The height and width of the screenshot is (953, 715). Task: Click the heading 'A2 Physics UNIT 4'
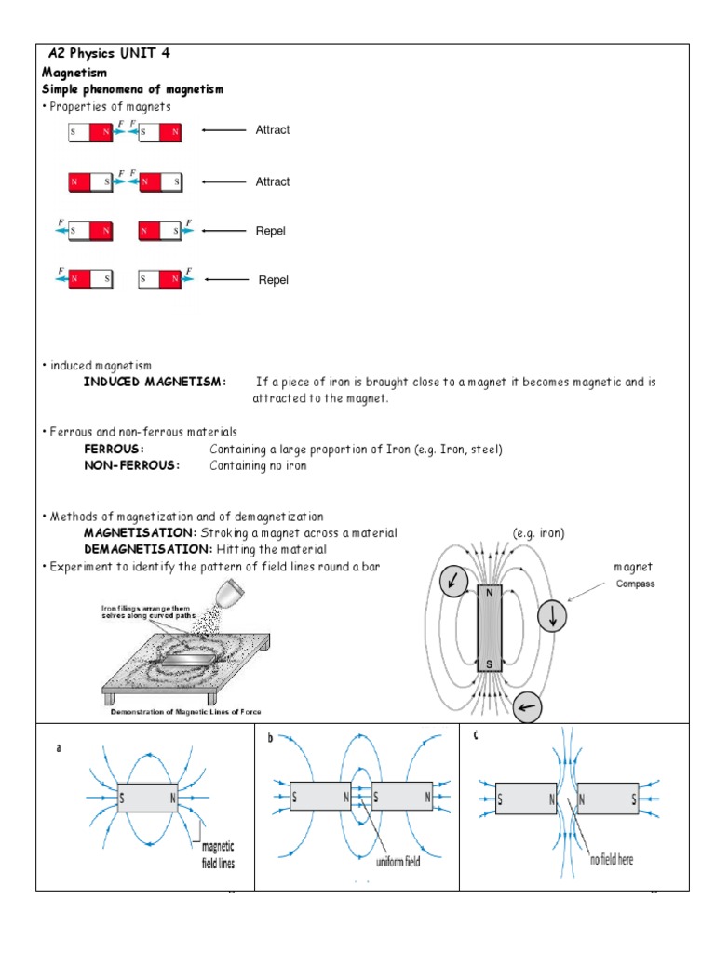[108, 53]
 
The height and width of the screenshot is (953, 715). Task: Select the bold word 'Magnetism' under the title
[74, 72]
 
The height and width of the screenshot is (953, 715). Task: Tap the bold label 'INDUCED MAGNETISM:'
[155, 383]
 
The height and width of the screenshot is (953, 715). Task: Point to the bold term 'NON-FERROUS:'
[131, 466]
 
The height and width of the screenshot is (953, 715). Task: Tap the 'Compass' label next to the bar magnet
[635, 584]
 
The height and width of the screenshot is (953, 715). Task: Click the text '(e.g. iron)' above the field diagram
[538, 533]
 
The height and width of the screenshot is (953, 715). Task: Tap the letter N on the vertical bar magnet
[488, 592]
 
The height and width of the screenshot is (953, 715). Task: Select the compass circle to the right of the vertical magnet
[552, 617]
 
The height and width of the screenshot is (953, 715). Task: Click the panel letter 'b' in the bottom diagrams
[270, 737]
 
